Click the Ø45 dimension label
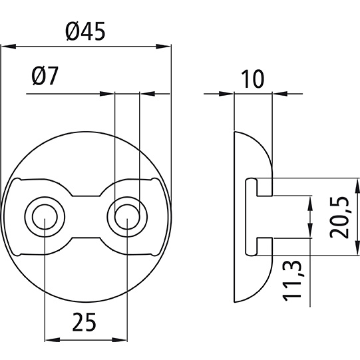(86, 31)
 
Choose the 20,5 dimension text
(340, 216)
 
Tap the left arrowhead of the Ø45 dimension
(6, 47)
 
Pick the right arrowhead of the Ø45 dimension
(166, 47)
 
